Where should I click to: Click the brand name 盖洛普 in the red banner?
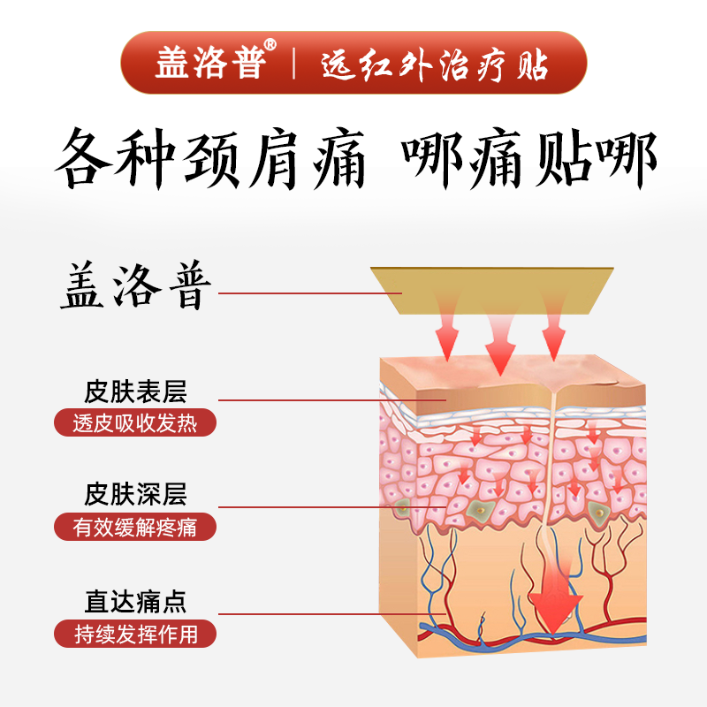(210, 63)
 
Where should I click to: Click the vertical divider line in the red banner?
(294, 63)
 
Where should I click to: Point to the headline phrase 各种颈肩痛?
(210, 159)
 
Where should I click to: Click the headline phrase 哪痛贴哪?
(529, 159)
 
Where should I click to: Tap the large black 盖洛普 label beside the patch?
(136, 285)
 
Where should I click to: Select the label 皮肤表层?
(135, 392)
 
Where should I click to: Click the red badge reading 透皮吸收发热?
(135, 422)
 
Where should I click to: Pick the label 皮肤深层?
(135, 494)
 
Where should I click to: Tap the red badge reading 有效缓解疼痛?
(135, 527)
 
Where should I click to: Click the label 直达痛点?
(135, 602)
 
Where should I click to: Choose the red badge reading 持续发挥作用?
(135, 634)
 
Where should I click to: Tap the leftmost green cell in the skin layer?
(402, 507)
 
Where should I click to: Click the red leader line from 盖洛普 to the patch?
(310, 293)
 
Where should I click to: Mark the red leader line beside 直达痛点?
(332, 613)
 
